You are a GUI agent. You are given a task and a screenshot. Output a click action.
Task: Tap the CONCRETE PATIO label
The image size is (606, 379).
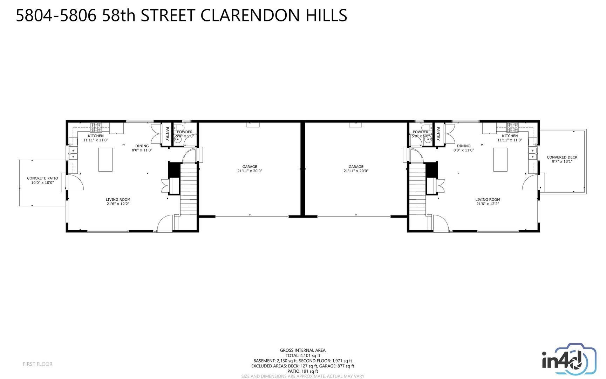click(42, 178)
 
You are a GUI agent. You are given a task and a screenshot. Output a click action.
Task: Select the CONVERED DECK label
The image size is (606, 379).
click(562, 157)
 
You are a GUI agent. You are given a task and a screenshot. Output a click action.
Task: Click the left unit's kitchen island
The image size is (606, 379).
click(105, 160)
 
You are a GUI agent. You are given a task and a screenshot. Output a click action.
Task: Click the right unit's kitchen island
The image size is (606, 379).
click(500, 160)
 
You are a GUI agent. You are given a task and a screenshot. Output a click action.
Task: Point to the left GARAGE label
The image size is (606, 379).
click(250, 167)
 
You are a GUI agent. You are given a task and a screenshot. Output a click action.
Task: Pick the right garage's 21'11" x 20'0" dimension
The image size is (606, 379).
click(356, 171)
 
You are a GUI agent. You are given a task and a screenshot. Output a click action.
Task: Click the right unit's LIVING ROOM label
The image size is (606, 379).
click(488, 200)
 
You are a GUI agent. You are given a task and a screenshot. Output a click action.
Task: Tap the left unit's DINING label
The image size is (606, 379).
click(142, 146)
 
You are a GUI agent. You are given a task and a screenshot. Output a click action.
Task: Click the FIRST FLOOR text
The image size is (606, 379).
click(38, 364)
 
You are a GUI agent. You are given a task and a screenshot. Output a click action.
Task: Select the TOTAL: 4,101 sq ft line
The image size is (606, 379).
click(302, 355)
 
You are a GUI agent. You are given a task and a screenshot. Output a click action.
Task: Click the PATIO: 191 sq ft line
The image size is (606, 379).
click(302, 371)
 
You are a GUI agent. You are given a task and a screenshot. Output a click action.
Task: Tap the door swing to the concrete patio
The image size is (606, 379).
click(75, 182)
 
